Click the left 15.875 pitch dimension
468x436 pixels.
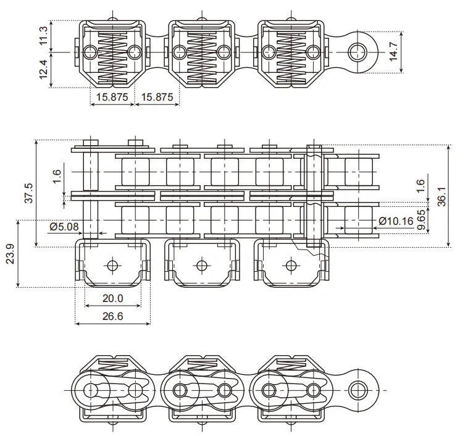tap(112, 97)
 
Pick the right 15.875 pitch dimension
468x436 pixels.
tap(157, 97)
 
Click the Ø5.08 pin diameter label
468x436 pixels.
tap(64, 227)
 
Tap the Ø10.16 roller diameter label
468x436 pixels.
tap(396, 220)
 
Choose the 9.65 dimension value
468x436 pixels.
tap(421, 219)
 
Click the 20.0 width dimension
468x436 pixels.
tap(112, 298)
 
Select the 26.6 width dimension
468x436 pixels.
tap(112, 316)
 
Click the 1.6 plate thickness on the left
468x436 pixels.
tap(57, 177)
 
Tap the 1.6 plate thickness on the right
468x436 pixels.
tap(421, 187)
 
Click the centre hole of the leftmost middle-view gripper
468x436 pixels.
tap(112, 266)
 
